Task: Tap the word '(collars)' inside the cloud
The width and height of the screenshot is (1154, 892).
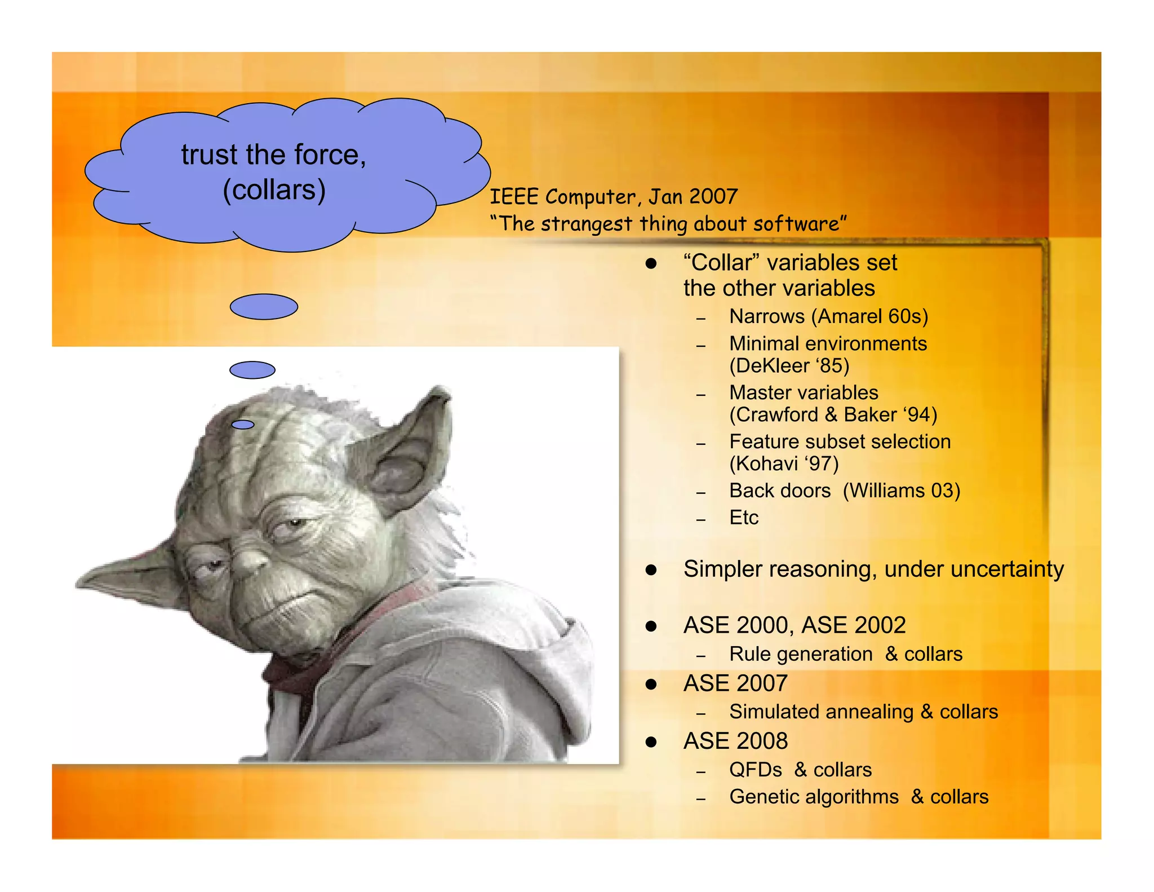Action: (274, 190)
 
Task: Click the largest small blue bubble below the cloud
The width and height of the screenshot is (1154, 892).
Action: (264, 307)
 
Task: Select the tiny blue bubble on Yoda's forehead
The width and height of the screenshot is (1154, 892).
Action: (243, 425)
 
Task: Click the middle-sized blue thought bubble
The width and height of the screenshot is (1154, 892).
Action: (252, 370)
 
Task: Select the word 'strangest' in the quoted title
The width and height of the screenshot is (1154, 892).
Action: (587, 224)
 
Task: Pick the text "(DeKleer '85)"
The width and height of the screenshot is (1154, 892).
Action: (789, 366)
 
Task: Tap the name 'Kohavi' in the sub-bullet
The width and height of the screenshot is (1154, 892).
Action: (766, 464)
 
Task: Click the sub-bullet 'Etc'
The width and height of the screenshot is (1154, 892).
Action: (744, 518)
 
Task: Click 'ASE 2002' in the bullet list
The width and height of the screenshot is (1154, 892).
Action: (853, 625)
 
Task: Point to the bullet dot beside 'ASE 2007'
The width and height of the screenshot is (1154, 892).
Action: (651, 685)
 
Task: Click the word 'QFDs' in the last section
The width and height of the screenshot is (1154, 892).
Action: (755, 770)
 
